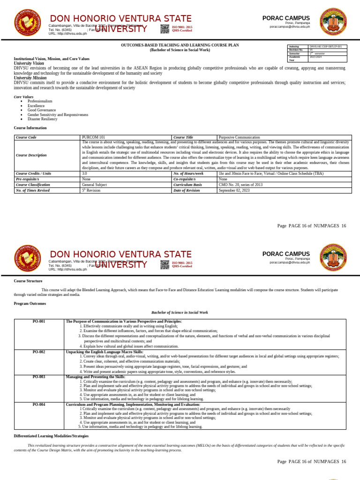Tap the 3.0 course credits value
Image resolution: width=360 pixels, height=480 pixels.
click(x=85, y=173)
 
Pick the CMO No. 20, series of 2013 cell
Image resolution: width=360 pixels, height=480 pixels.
click(x=240, y=185)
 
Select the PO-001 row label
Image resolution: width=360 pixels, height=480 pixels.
click(x=39, y=321)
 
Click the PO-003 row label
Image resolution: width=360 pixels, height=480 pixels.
click(x=39, y=376)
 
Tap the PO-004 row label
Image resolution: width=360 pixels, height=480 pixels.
click(x=39, y=404)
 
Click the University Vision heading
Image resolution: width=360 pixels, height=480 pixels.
click(x=29, y=63)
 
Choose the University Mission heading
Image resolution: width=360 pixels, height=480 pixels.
click(x=31, y=77)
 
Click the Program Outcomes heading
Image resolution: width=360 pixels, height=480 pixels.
click(x=30, y=303)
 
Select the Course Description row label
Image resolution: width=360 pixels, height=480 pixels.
click(x=31, y=155)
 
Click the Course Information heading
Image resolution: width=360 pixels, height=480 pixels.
click(x=30, y=127)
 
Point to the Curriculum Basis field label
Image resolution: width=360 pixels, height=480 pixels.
click(x=187, y=185)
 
